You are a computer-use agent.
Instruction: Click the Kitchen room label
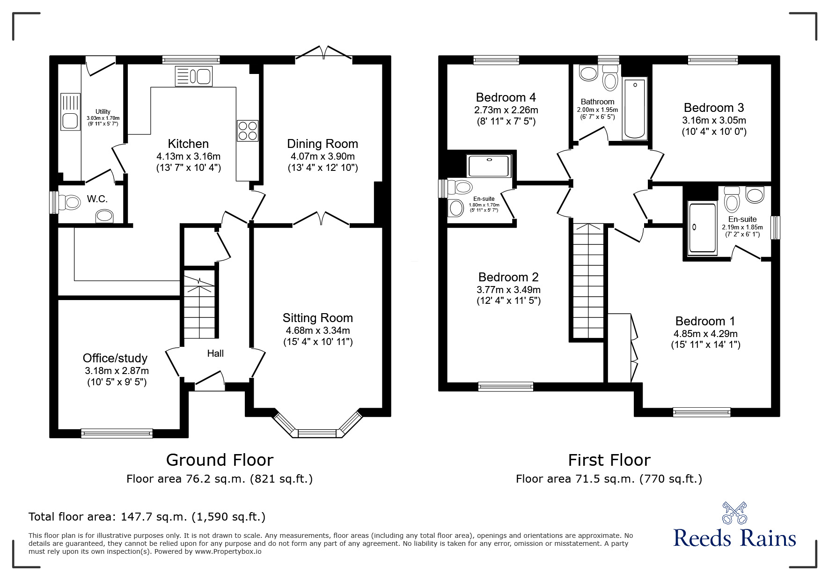point(188,144)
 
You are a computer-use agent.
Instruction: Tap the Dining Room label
point(323,144)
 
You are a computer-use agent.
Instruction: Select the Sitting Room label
point(318,318)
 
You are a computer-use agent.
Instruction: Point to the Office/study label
point(115,358)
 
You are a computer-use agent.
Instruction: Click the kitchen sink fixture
point(194,76)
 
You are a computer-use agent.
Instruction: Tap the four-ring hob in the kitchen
point(248,130)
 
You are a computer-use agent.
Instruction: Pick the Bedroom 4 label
point(506,97)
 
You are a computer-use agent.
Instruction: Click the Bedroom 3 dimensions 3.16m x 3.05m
point(714,120)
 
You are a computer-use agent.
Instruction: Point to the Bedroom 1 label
point(705,321)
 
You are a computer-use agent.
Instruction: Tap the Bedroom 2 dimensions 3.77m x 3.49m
point(508,290)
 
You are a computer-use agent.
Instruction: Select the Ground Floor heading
point(220,460)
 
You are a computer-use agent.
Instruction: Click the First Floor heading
point(609,460)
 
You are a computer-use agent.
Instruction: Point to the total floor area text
point(147,517)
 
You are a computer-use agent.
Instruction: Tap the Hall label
point(215,353)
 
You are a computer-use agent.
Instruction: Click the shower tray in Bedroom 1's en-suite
point(702,229)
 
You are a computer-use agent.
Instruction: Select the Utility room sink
point(71,121)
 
